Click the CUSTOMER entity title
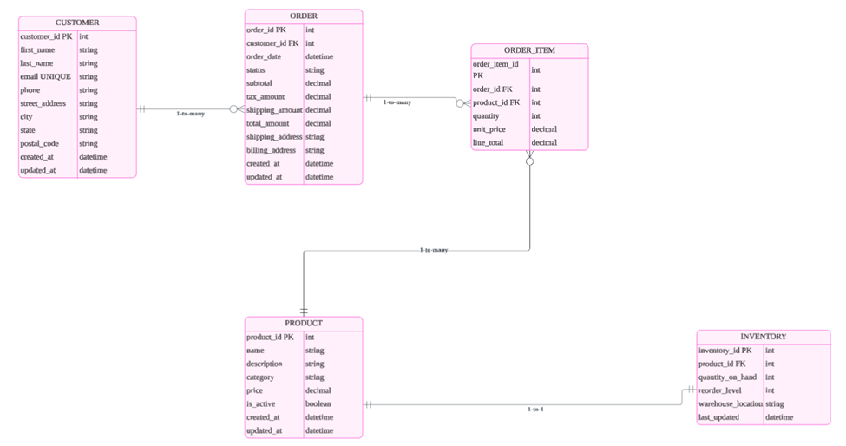coord(77,23)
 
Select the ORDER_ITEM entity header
coord(529,50)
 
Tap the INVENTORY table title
coord(763,337)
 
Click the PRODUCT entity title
coord(303,324)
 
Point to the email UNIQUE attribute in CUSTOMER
coord(45,76)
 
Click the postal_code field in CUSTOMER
coord(39,143)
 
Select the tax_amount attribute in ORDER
coord(265,96)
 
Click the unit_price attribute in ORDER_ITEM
coord(490,129)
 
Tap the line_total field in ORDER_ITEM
coord(490,142)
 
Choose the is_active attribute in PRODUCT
coord(261,403)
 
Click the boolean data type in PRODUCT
coord(318,403)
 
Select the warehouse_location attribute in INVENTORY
coord(730,403)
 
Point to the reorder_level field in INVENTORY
coord(719,390)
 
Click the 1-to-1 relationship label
coord(535,409)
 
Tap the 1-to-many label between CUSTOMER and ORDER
coord(190,114)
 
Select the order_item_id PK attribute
coord(495,69)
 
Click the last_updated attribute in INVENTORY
coord(718,417)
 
